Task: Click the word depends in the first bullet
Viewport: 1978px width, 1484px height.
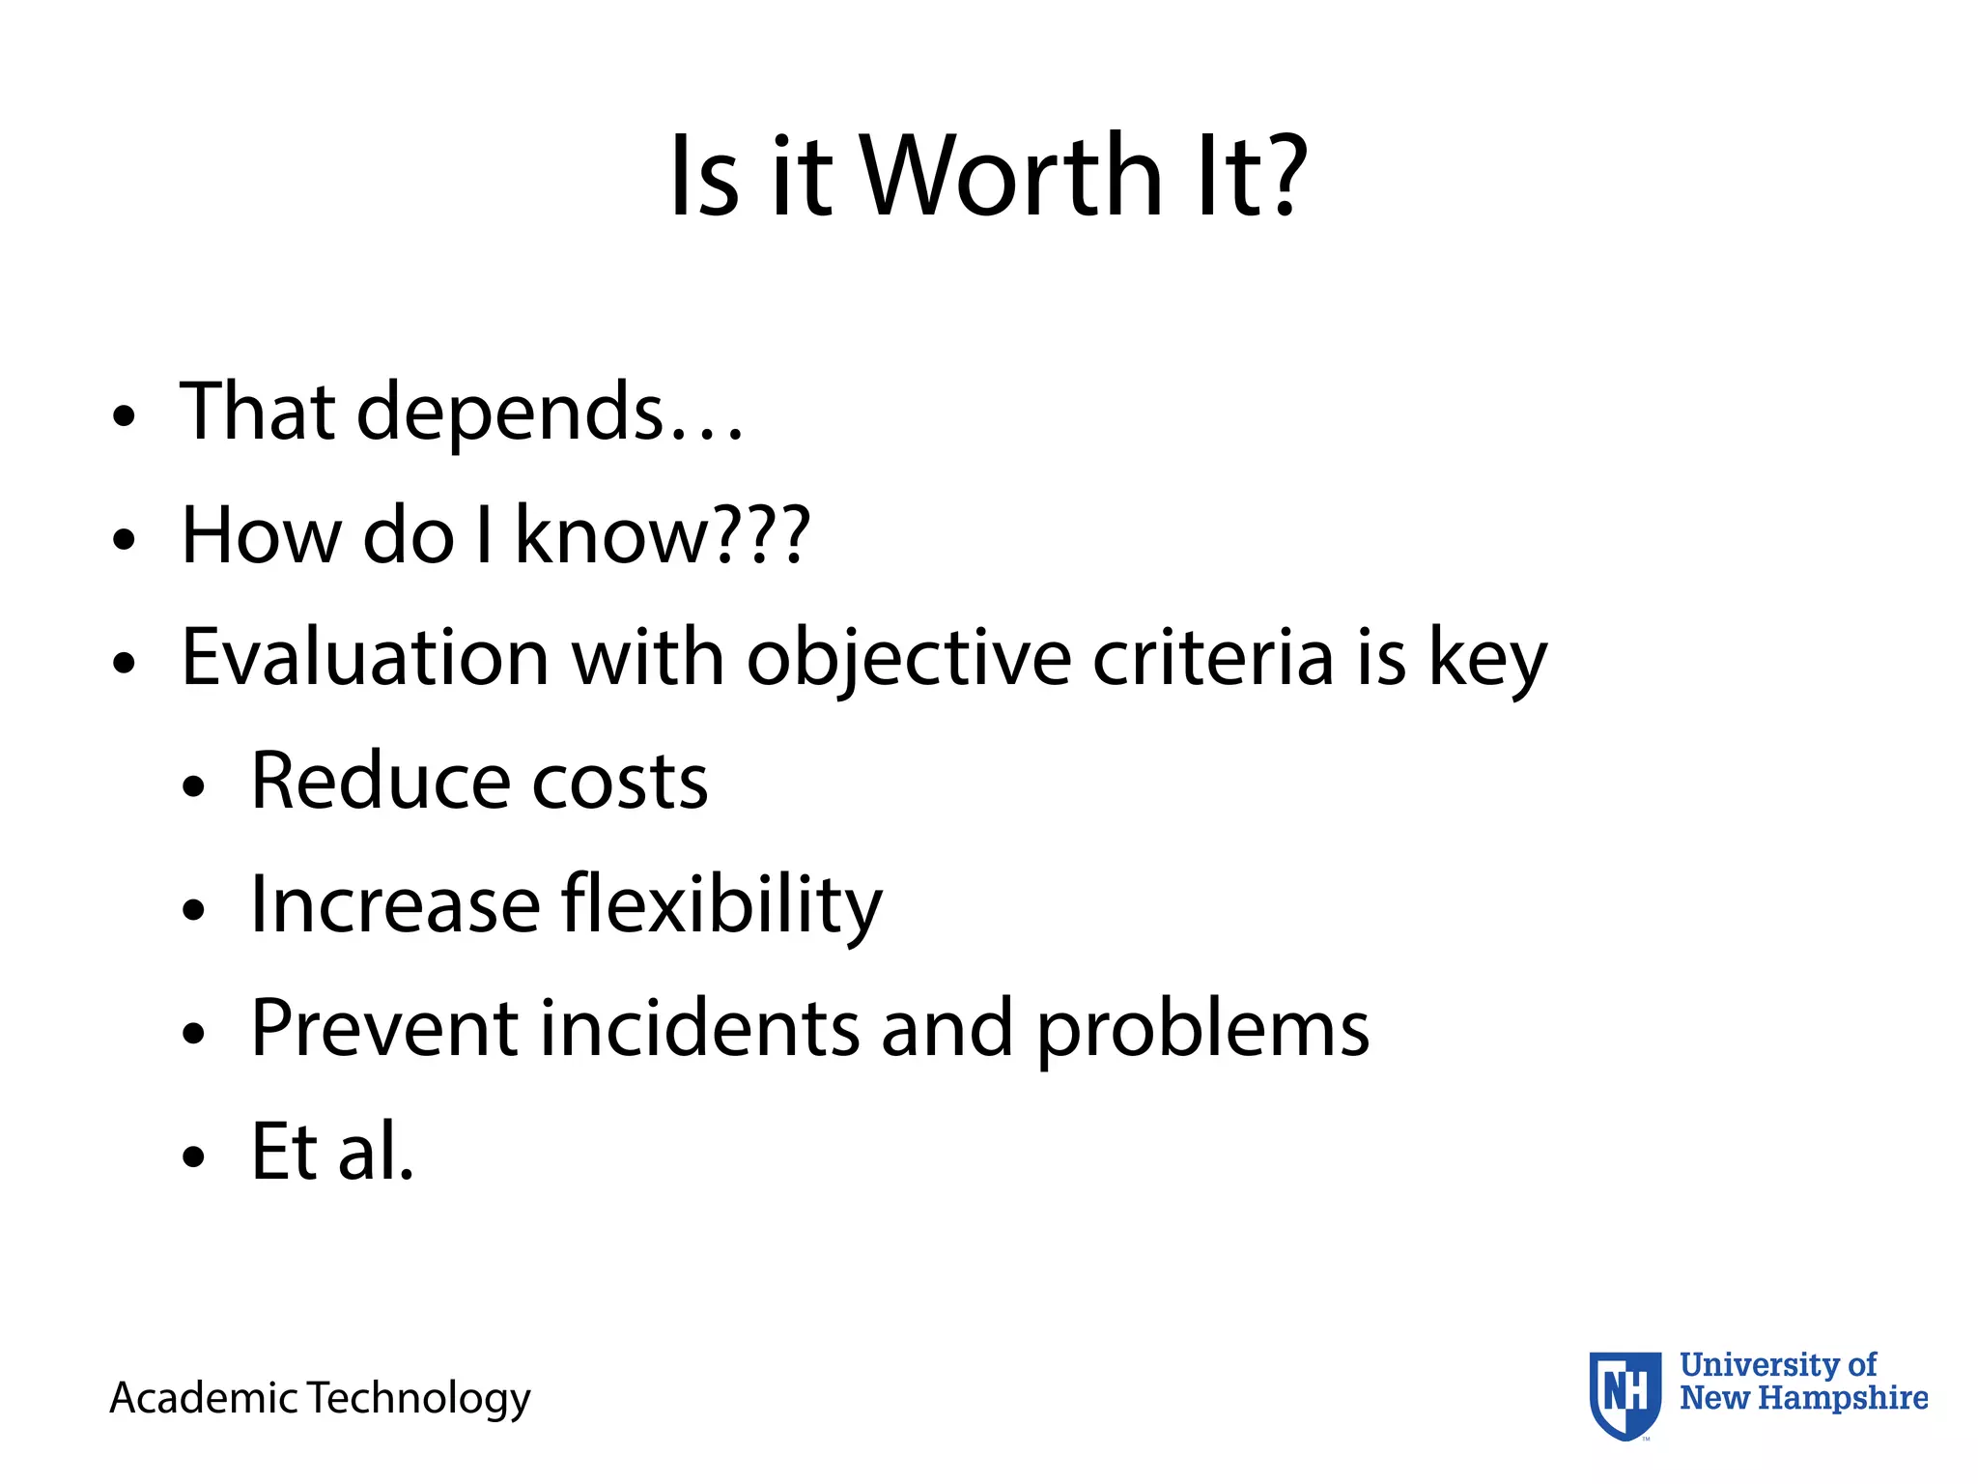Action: [510, 414]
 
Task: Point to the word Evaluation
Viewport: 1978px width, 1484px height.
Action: [365, 658]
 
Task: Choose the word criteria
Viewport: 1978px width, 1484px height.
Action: [1213, 658]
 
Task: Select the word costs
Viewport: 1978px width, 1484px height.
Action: [619, 783]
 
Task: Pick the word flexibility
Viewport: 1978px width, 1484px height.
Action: [721, 906]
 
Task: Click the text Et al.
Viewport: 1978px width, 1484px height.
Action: [332, 1152]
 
